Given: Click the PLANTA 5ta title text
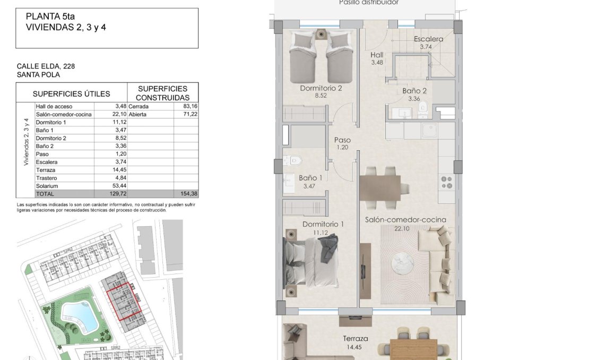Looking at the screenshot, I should [47, 16].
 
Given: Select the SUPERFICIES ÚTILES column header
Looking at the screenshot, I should [71, 94].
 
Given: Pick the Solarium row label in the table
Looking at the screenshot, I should [46, 186].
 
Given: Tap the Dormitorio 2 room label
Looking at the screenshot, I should [321, 89].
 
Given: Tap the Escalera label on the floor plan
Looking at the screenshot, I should [428, 39].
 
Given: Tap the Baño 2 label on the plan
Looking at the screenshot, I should [414, 91].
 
